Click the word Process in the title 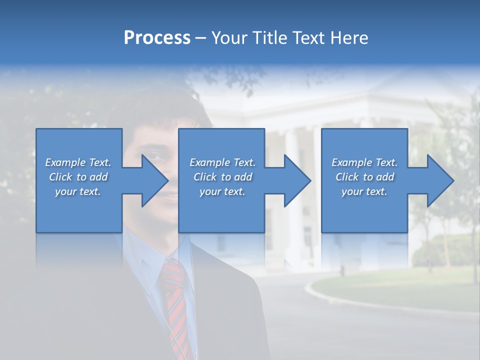(x=157, y=38)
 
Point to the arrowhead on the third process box (x=440, y=180)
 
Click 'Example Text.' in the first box (x=78, y=162)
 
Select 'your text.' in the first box (x=78, y=191)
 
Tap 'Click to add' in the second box (x=222, y=177)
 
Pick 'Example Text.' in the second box (x=222, y=162)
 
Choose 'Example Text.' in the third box (x=364, y=162)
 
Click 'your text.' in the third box (x=364, y=191)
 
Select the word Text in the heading (x=307, y=38)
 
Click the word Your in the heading (x=229, y=38)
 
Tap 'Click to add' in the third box (x=364, y=177)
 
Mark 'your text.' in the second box (x=222, y=191)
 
